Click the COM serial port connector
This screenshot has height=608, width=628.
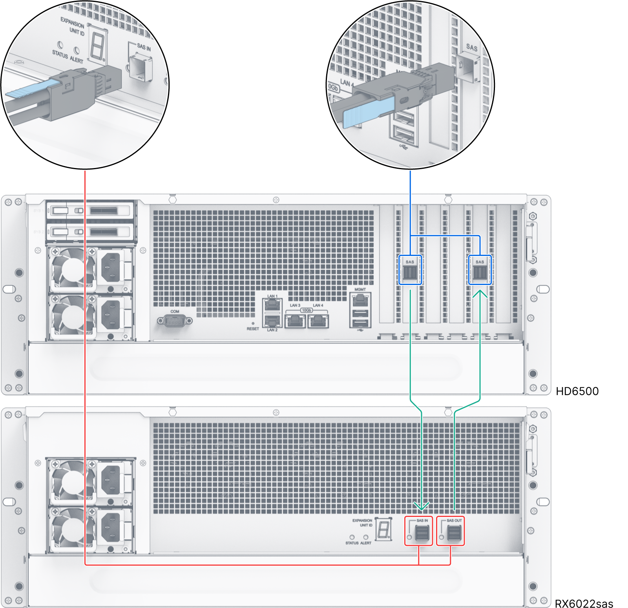click(175, 321)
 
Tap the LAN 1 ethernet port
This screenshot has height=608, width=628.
click(272, 304)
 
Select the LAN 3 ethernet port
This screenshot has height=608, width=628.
click(295, 321)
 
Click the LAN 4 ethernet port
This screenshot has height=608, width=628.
click(318, 321)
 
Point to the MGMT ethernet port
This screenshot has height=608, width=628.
click(360, 300)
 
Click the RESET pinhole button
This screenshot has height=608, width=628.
click(253, 323)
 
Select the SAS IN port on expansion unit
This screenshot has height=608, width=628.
click(422, 533)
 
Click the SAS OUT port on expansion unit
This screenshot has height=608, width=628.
click(454, 533)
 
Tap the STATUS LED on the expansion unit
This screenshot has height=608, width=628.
click(352, 537)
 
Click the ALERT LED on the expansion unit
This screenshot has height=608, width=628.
click(365, 537)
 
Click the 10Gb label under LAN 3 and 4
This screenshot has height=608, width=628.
click(306, 310)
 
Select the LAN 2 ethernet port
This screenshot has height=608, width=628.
click(272, 321)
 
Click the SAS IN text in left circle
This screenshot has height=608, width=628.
click(144, 47)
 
